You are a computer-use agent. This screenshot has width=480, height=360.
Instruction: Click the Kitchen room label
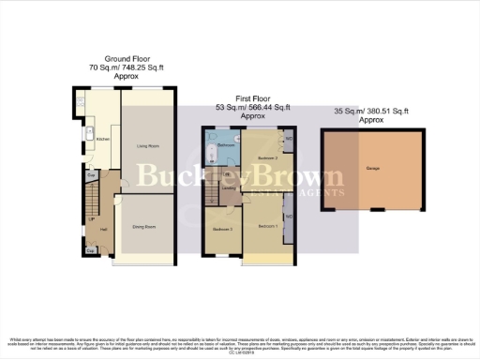click(103, 139)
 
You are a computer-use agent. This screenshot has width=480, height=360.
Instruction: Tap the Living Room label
click(147, 145)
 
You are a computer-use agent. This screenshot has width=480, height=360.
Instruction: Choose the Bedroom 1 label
click(266, 227)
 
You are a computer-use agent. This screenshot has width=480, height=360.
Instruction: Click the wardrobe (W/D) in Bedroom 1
click(289, 217)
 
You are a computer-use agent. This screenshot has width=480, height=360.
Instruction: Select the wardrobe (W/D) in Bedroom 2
click(289, 139)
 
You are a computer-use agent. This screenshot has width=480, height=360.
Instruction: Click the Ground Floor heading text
click(121, 57)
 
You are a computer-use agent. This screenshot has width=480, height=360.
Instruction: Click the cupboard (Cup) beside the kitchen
click(91, 175)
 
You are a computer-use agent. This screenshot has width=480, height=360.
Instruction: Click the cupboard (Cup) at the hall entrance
click(90, 250)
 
